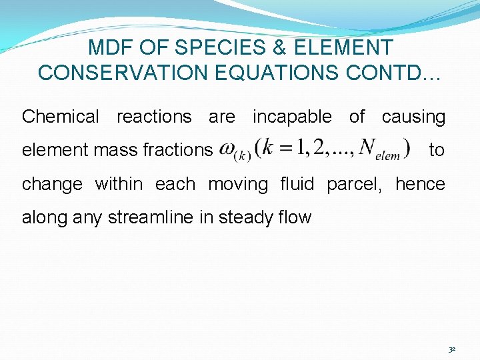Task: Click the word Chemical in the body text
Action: click(x=60, y=117)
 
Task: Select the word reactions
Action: click(x=154, y=117)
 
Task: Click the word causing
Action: click(x=413, y=117)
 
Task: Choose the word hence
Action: click(x=420, y=184)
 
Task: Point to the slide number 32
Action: click(x=452, y=349)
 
